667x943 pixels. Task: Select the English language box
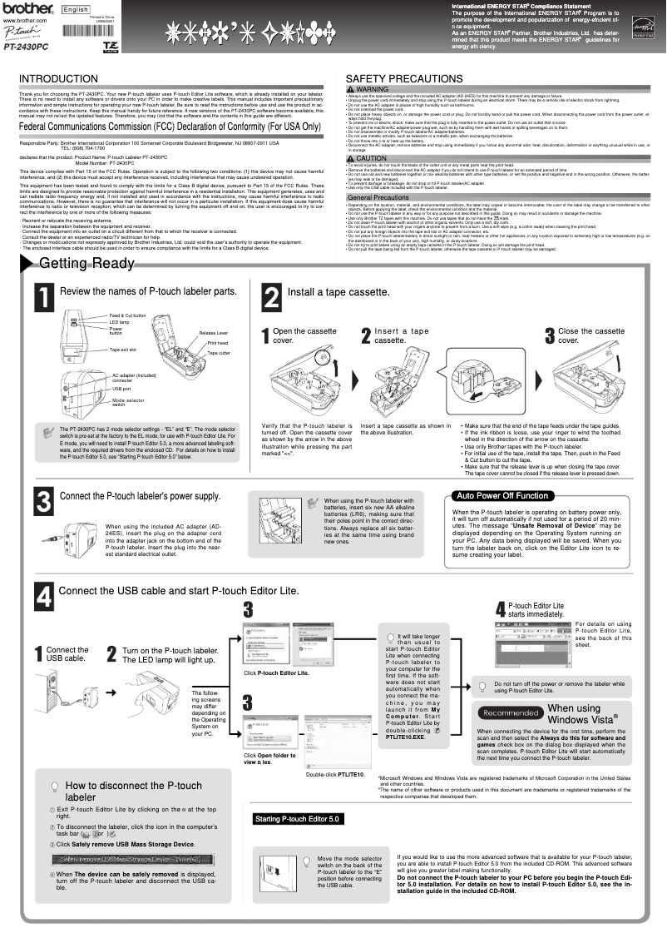[76, 9]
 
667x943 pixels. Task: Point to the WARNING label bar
[367, 89]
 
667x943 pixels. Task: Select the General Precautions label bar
[378, 197]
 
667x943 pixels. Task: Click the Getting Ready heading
[86, 264]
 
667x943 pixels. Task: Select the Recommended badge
[511, 712]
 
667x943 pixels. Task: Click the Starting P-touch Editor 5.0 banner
[298, 819]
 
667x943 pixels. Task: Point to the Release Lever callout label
[214, 333]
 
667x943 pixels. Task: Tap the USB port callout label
[121, 389]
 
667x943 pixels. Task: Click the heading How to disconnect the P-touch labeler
[133, 791]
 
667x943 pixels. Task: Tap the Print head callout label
[217, 343]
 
